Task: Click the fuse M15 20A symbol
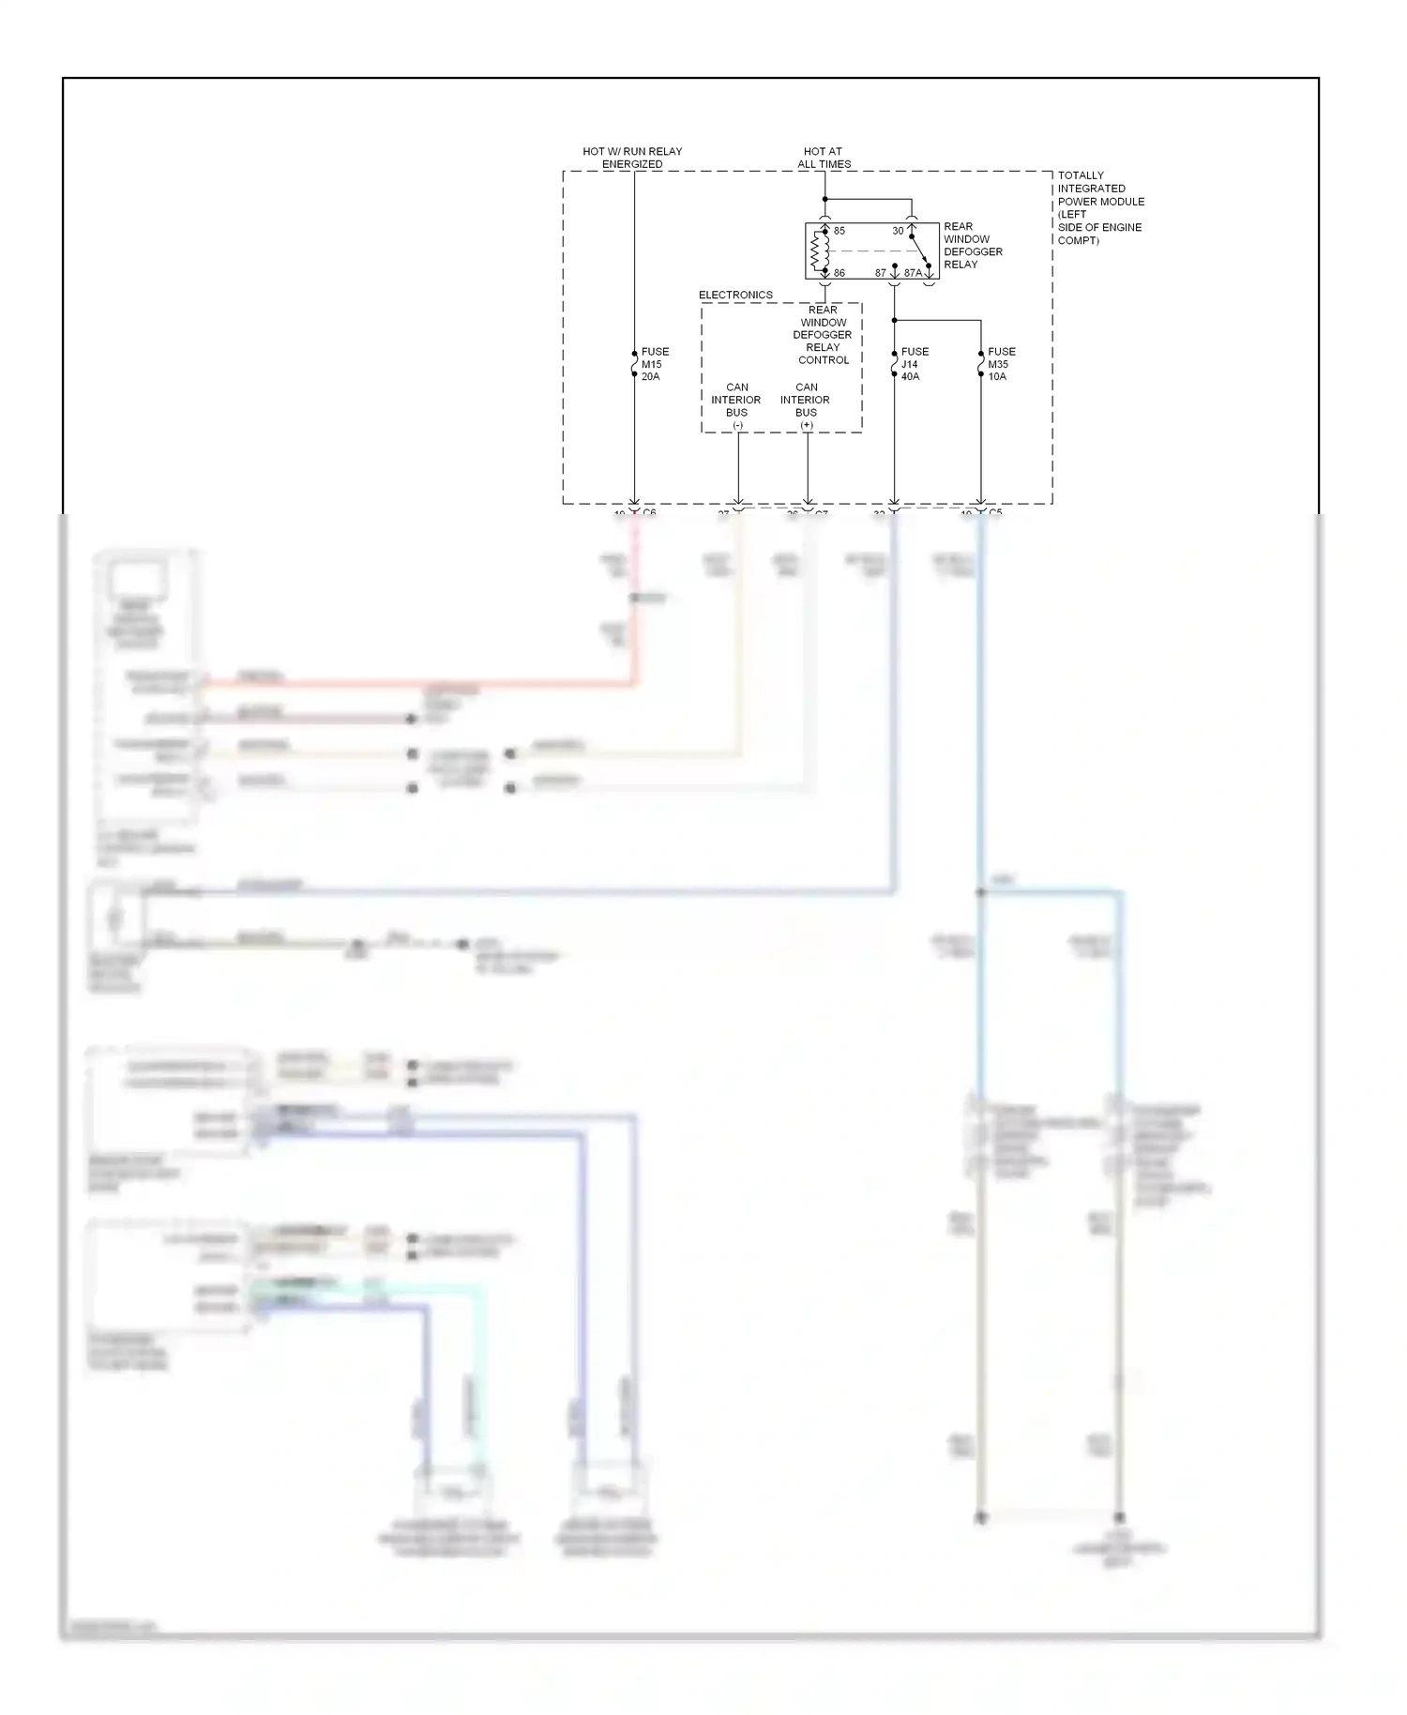pos(634,364)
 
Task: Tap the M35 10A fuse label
pos(1001,364)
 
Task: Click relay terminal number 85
pos(839,231)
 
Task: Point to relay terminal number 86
pos(839,273)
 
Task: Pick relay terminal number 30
pos(898,231)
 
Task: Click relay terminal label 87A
pos(912,273)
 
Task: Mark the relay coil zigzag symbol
pos(815,251)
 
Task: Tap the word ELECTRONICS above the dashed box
pos(735,295)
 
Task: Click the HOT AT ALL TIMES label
pos(824,158)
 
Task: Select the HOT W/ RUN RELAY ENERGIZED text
pos(632,158)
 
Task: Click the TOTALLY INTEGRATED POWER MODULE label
pos(1099,207)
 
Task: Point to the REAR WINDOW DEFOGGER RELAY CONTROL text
pos(823,335)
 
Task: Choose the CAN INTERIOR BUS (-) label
pos(736,405)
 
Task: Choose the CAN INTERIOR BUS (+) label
pos(806,405)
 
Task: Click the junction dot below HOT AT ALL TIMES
pos(825,199)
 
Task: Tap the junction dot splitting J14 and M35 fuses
pos(894,321)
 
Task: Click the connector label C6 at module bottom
pos(649,512)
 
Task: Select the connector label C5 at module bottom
pos(995,512)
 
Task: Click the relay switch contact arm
pos(919,250)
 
